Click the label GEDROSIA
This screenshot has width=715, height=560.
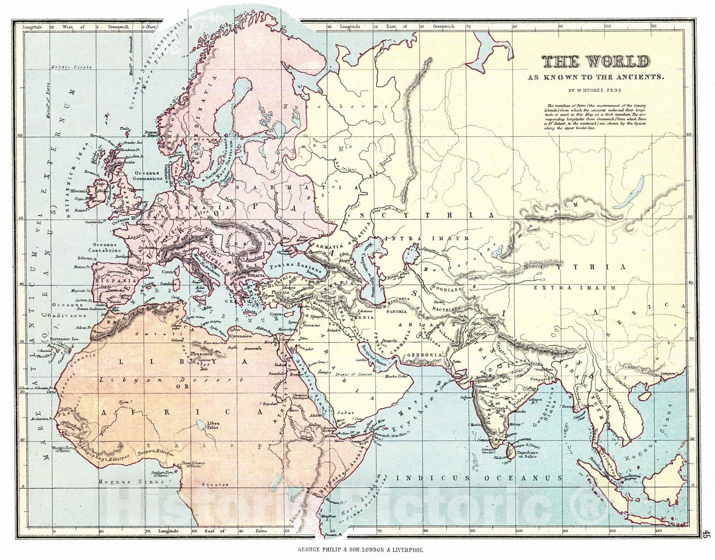tap(425, 354)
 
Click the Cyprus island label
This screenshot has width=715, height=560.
tap(277, 314)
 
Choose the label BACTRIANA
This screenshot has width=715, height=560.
tap(449, 308)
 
